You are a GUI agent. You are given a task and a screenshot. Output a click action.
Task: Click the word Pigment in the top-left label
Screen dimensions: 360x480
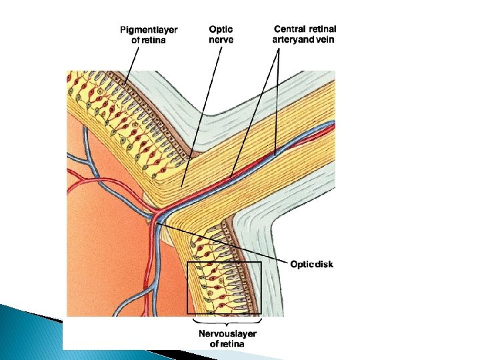pyautogui.click(x=137, y=29)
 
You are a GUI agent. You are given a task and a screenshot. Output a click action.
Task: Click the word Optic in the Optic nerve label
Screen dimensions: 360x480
pyautogui.click(x=221, y=29)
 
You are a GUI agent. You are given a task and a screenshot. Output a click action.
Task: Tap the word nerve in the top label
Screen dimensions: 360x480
pyautogui.click(x=221, y=39)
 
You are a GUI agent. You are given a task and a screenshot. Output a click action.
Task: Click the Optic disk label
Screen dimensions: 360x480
pyautogui.click(x=311, y=264)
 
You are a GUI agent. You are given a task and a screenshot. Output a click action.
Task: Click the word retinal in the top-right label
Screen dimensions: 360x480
pyautogui.click(x=322, y=29)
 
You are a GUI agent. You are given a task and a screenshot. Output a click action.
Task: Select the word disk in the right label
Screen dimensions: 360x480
pyautogui.click(x=324, y=264)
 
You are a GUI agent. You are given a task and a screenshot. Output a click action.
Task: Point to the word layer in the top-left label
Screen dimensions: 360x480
pyautogui.click(x=165, y=29)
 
